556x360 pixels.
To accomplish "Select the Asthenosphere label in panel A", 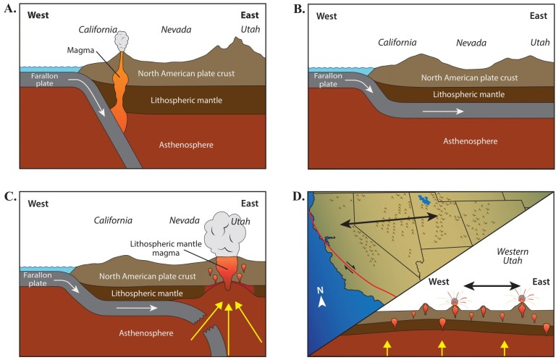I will (x=186, y=145).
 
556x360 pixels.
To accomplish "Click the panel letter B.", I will (x=296, y=9).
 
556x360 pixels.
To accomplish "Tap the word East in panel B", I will (x=538, y=16).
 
